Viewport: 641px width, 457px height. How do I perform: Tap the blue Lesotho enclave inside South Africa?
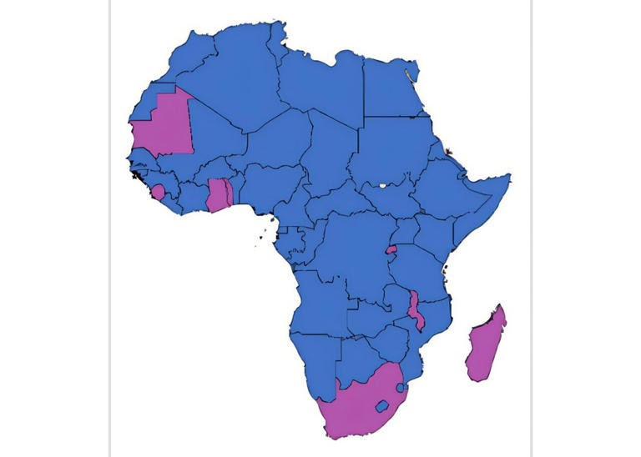click(382, 407)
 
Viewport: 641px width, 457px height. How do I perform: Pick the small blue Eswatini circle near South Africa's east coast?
click(402, 388)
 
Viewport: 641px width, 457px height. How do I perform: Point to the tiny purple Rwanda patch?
click(390, 249)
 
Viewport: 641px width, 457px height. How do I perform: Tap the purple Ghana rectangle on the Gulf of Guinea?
click(217, 195)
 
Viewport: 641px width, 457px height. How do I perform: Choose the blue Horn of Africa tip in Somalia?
click(501, 180)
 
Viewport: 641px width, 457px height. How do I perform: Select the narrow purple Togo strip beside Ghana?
click(229, 193)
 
